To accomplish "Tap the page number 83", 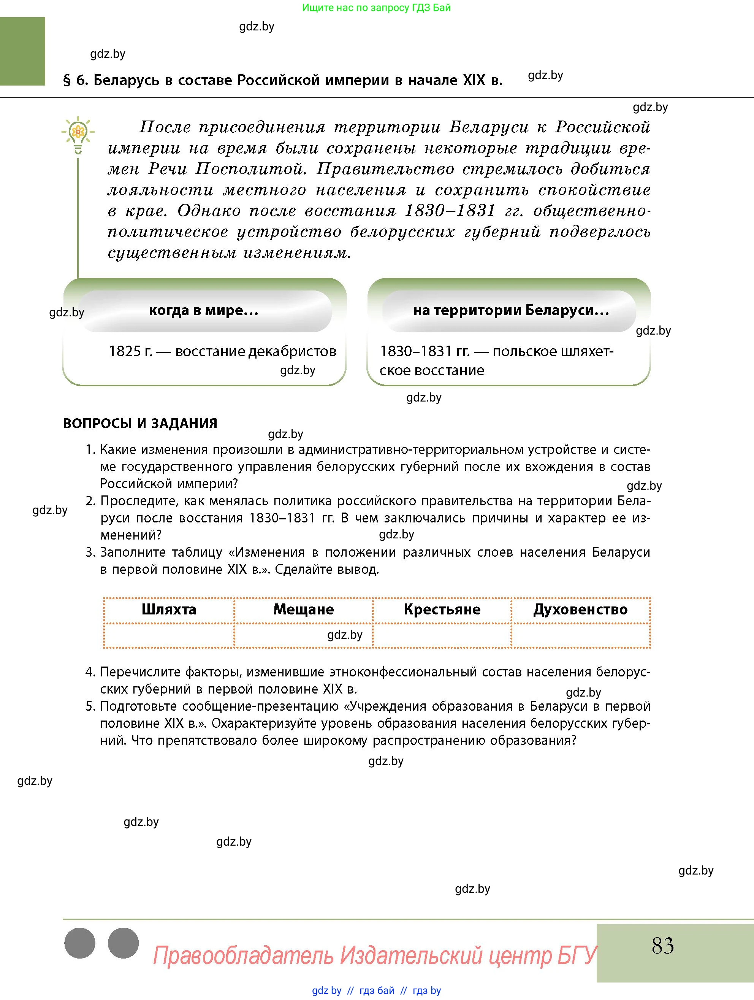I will point(662,946).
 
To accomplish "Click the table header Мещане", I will point(304,610).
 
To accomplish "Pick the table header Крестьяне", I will point(442,610).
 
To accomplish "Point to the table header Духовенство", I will point(581,610).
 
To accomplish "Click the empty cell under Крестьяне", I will point(442,636).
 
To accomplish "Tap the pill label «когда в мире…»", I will point(204,311).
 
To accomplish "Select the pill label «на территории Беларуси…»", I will point(511,311).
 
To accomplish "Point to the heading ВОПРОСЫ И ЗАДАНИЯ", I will point(140,424).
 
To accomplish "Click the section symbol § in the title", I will point(67,81).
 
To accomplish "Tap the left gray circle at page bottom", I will point(80,943).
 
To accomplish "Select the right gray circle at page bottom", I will point(124,943).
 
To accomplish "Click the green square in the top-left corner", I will point(22,51).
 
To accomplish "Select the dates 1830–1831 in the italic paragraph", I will point(450,211).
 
